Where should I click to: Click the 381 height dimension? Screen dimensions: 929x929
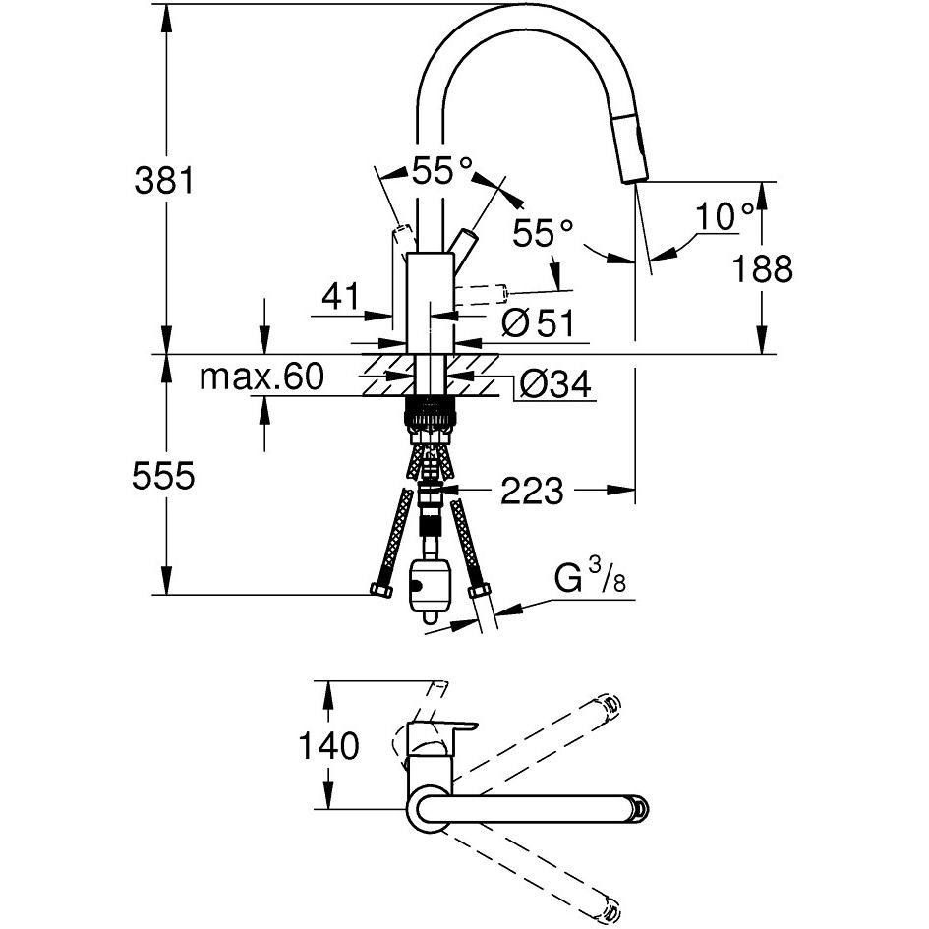coord(164,180)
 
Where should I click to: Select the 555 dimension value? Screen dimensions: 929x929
coord(163,476)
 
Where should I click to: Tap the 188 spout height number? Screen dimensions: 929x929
coord(763,268)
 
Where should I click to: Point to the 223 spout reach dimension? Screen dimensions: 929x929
coord(532,491)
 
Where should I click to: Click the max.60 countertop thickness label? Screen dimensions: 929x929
coord(261,377)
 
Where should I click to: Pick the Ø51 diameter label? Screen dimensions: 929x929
coord(538,322)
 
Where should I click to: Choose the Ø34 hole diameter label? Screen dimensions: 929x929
coord(555,384)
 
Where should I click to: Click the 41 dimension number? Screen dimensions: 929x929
coord(340,295)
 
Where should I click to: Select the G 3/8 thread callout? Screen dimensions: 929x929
coord(590,578)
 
